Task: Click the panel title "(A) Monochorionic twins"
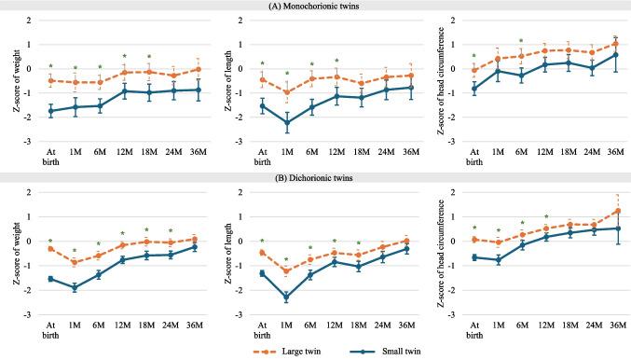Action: click(315, 6)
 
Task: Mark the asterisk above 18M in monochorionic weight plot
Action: click(148, 57)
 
